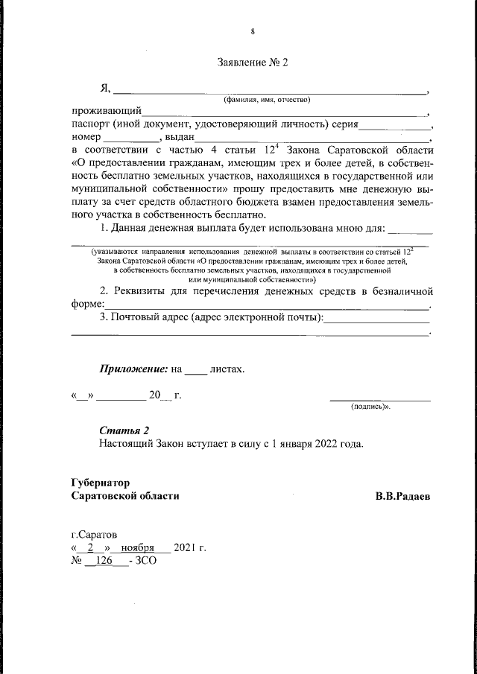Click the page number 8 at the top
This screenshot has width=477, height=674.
point(253,31)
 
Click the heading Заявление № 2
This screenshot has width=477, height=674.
point(252,63)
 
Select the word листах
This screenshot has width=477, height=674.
point(227,368)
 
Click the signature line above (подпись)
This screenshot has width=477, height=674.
point(380,400)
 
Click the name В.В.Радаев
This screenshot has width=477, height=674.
point(402,495)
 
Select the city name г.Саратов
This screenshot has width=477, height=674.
point(93,535)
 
